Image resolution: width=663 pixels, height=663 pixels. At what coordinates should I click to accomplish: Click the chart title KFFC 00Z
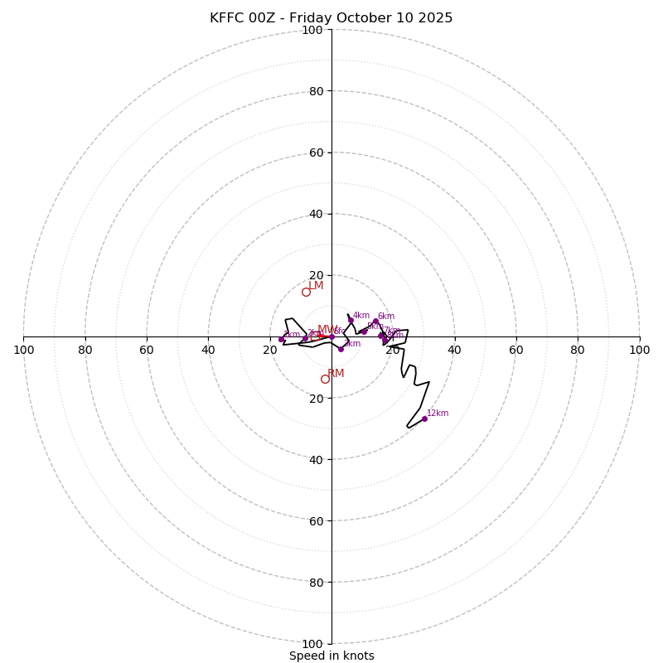point(331,18)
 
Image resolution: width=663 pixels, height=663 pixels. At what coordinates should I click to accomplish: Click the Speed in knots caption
point(331,656)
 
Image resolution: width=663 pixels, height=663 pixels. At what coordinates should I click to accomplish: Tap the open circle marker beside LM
point(306,292)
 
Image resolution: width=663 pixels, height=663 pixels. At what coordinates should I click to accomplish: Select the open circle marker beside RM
point(325,379)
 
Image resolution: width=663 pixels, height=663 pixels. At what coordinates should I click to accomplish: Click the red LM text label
point(316,286)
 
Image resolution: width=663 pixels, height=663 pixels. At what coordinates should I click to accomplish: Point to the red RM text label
point(336,374)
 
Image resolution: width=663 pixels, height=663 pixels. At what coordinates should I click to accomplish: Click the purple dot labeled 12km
point(424,419)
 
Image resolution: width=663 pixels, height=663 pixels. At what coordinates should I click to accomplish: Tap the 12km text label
point(438,413)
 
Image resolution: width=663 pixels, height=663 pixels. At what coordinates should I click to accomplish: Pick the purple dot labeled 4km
point(351,320)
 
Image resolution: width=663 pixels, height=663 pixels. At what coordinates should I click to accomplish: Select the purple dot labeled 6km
point(375,321)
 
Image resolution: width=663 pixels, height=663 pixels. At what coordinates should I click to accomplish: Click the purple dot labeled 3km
point(341,349)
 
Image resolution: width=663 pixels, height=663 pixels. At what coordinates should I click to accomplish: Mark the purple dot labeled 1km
point(281,339)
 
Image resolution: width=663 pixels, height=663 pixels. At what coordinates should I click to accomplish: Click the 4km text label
point(361,315)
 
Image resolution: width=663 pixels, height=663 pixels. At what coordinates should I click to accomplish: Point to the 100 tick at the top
point(312,30)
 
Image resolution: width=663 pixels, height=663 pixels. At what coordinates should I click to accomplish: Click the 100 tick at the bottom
point(312,644)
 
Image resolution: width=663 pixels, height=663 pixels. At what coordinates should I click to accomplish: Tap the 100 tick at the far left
point(23,350)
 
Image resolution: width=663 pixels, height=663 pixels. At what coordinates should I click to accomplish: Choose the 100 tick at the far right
point(639,350)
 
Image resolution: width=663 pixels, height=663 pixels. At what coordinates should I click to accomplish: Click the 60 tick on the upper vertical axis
point(316,152)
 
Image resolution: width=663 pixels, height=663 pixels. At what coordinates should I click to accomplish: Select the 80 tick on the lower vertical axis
point(316,583)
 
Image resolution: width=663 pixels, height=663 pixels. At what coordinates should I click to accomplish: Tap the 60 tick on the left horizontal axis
point(147,350)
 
